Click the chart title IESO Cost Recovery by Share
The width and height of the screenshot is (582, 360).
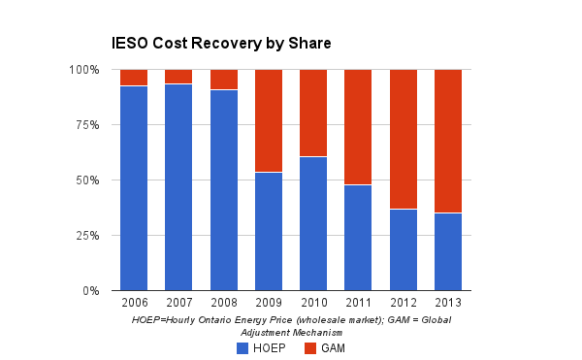(x=221, y=44)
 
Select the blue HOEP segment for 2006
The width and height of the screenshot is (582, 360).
(x=134, y=188)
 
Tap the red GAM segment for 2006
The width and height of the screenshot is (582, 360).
(x=134, y=78)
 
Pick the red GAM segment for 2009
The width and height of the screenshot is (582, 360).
(x=269, y=120)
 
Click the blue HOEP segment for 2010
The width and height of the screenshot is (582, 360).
(x=313, y=224)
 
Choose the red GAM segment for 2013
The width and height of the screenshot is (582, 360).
(x=448, y=141)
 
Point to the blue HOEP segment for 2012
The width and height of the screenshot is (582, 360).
(x=404, y=249)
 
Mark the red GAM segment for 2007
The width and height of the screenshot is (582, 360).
(x=178, y=77)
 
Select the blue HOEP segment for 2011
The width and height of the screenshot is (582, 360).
(x=359, y=238)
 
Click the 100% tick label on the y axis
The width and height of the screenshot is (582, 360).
(x=84, y=70)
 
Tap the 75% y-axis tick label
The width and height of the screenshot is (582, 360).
(x=87, y=125)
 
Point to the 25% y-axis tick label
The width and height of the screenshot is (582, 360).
(x=87, y=236)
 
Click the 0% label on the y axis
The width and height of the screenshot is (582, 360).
(x=91, y=290)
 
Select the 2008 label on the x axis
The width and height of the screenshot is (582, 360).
(x=224, y=303)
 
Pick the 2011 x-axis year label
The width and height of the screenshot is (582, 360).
(x=359, y=303)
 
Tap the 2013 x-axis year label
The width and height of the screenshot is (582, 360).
(x=448, y=303)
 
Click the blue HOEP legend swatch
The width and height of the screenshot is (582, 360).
(x=242, y=348)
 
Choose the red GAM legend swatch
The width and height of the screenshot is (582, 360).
(x=310, y=348)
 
